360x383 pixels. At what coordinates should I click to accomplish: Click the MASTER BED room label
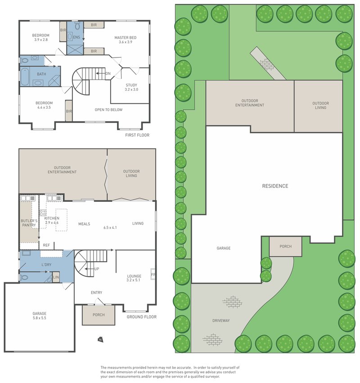click(x=125, y=38)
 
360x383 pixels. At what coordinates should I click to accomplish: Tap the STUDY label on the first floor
click(x=131, y=85)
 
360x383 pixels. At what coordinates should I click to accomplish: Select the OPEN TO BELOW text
click(x=108, y=110)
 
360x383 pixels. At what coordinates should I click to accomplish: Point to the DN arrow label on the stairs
click(x=108, y=74)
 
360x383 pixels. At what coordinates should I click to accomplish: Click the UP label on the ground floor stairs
click(x=96, y=269)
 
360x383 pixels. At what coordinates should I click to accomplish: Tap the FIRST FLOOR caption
click(x=137, y=135)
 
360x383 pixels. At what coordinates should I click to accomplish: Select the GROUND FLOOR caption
click(x=141, y=317)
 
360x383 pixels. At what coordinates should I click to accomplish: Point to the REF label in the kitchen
click(x=46, y=245)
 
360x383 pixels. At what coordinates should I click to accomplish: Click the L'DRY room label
click(x=46, y=265)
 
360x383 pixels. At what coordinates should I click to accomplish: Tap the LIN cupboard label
click(x=56, y=278)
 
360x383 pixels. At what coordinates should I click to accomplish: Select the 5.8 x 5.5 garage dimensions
click(x=39, y=318)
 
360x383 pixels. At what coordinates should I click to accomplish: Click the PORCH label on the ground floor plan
click(x=99, y=315)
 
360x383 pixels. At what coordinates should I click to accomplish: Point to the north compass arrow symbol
click(x=99, y=339)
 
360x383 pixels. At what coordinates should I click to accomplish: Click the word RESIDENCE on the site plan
click(x=275, y=186)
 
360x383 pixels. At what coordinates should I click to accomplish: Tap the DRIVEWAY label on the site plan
click(x=221, y=321)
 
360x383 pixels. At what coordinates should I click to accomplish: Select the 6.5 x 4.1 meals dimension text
click(x=110, y=228)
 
